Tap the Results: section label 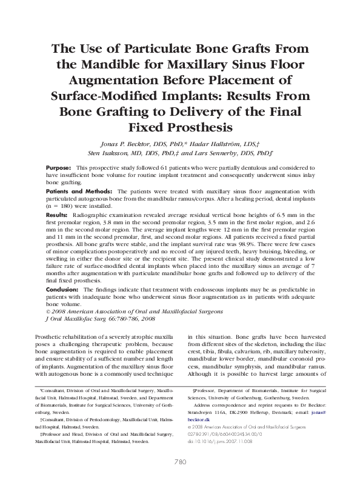pyautogui.click(x=57, y=215)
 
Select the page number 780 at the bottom pyautogui.click(x=180, y=461)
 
